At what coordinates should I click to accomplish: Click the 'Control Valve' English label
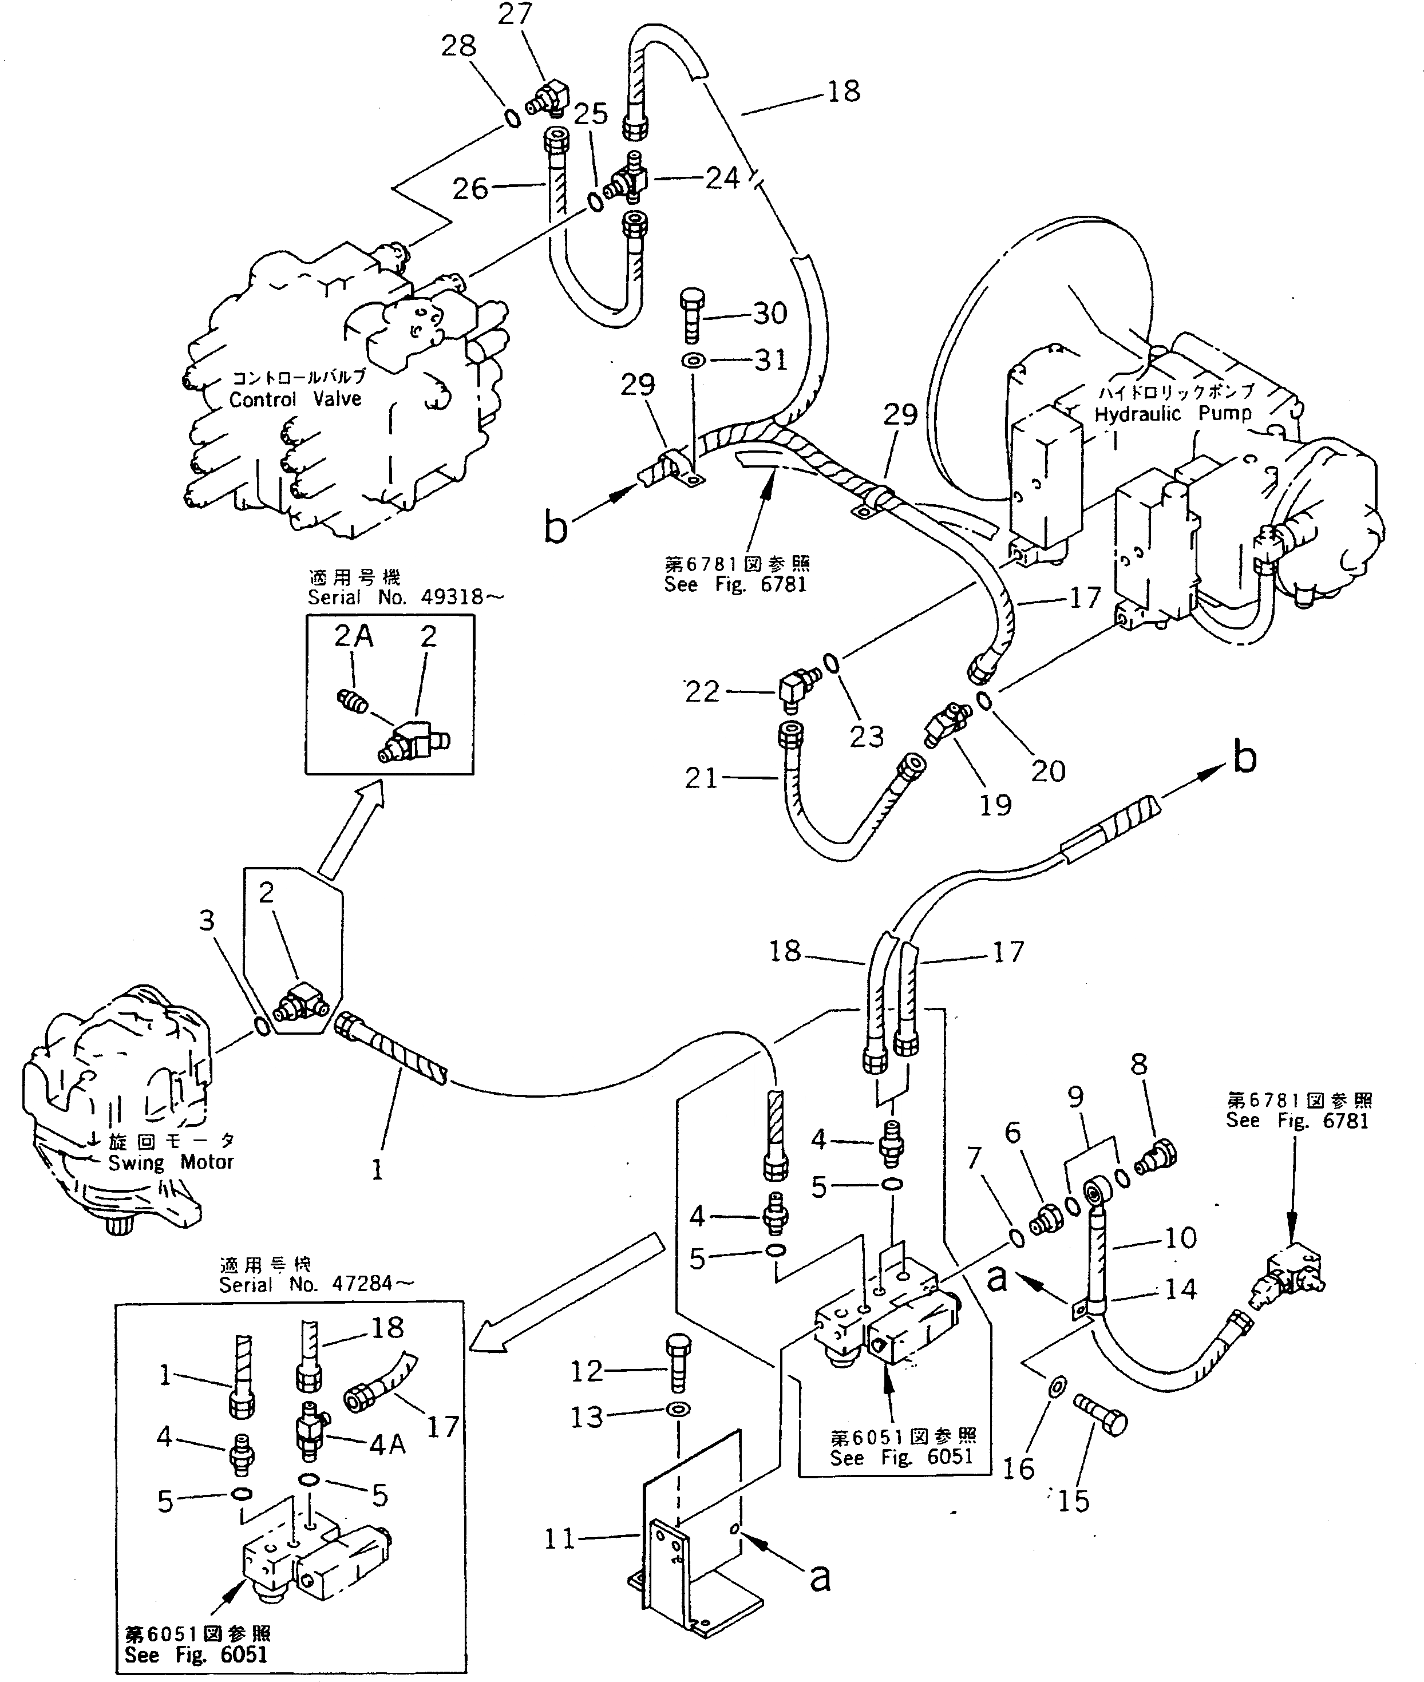[x=295, y=399]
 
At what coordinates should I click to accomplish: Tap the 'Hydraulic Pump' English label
[x=1173, y=414]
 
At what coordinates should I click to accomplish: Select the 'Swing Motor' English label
[x=171, y=1162]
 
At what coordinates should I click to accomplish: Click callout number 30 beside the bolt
[x=769, y=313]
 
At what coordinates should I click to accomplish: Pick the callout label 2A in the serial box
[x=354, y=637]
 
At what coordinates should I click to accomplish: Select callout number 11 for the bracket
[x=559, y=1538]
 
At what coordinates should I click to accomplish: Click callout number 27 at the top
[x=515, y=14]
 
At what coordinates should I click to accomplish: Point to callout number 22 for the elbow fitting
[x=702, y=692]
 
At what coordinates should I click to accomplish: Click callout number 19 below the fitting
[x=995, y=804]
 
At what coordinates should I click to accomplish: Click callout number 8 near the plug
[x=1138, y=1064]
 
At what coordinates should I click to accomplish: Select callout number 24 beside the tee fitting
[x=722, y=179]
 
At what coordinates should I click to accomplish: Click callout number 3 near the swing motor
[x=207, y=920]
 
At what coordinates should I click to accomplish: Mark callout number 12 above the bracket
[x=586, y=1371]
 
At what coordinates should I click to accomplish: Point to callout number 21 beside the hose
[x=701, y=778]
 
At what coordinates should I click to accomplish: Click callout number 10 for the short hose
[x=1180, y=1237]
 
